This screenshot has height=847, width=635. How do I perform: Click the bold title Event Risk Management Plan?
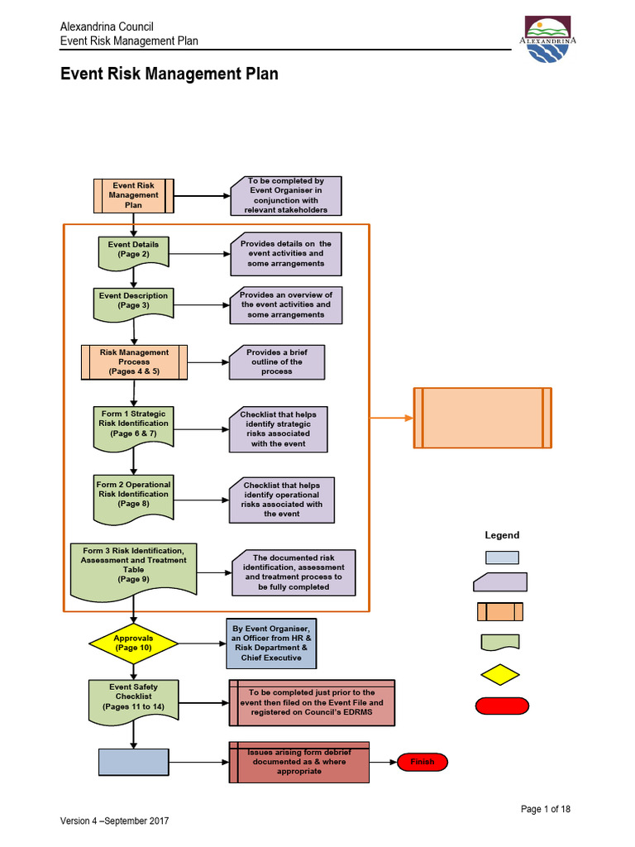pos(169,74)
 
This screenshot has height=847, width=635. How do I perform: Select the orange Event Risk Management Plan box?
pos(133,195)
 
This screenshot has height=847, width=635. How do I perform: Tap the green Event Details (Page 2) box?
pos(133,250)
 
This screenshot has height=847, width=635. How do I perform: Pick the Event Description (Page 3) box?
pos(133,301)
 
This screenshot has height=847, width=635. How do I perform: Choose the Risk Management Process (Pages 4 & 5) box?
pos(133,361)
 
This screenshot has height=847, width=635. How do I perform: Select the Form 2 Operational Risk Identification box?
pos(133,495)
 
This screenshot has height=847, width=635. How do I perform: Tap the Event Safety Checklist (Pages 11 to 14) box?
pos(133,698)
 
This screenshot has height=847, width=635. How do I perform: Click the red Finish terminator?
pos(422,762)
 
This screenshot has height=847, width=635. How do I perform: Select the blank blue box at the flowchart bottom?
pos(133,762)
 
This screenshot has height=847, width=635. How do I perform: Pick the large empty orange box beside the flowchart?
pos(482,418)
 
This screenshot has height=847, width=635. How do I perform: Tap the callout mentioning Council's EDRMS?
pos(312,703)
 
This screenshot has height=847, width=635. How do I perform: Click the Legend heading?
pos(502,535)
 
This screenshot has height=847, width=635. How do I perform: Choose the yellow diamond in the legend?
pos(501,673)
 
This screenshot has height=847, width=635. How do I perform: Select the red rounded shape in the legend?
pos(501,706)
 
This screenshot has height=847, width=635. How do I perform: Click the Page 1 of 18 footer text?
pos(545,809)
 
